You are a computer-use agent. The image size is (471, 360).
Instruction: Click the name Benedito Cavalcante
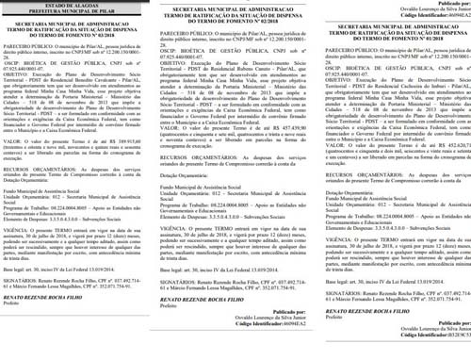[114, 88]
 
